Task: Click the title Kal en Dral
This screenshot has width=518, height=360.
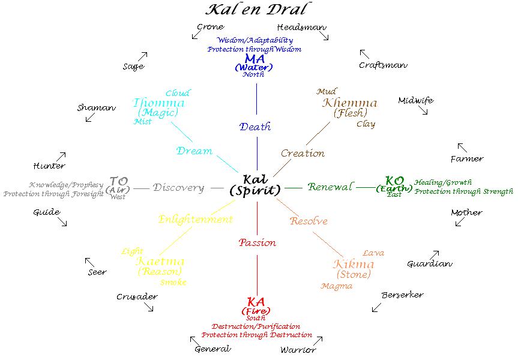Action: [x=259, y=10]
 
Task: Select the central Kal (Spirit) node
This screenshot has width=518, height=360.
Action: [x=255, y=185]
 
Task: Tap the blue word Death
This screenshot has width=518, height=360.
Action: [x=255, y=127]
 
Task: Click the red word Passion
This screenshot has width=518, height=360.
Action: [x=257, y=243]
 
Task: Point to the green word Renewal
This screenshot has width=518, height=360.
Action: [x=330, y=187]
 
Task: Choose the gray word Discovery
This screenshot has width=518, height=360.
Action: [x=179, y=188]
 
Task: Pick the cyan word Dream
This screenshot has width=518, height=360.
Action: [x=194, y=151]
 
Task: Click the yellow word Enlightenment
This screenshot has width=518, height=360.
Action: [x=195, y=220]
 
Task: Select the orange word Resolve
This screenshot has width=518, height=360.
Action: [x=309, y=221]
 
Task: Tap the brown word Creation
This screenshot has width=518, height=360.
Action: [x=303, y=154]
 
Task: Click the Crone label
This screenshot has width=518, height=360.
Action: [x=211, y=27]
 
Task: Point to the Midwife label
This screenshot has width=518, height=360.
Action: [x=415, y=101]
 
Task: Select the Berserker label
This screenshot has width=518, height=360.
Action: [x=402, y=295]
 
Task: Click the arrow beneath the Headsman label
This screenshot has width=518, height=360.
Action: [x=325, y=37]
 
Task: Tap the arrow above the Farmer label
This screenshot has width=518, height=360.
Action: [x=462, y=147]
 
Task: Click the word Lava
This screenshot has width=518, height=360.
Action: [x=373, y=253]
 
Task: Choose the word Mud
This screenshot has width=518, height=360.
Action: [x=326, y=92]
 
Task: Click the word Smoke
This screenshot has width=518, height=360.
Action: [x=174, y=282]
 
